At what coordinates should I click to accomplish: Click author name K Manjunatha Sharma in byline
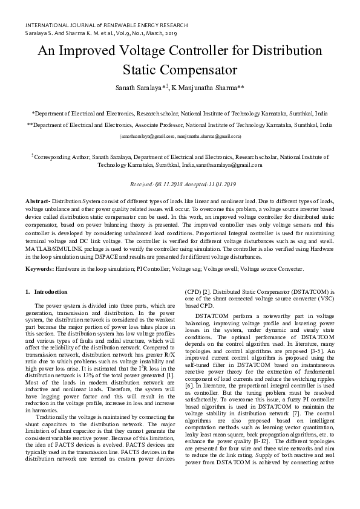(208, 88)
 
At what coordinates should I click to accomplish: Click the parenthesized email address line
(180, 136)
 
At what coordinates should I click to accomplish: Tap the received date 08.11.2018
(164, 184)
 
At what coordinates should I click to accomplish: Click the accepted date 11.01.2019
(220, 184)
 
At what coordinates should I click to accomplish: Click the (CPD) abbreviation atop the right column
(194, 292)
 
